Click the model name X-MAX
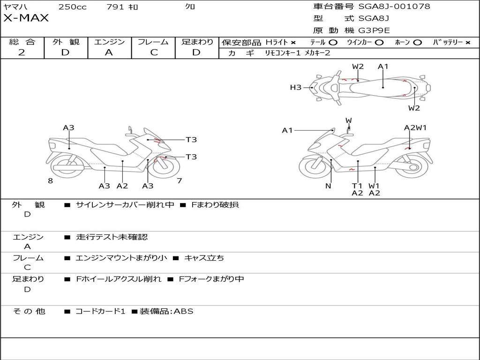click(26, 19)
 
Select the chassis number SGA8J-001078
click(394, 7)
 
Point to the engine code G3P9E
click(374, 31)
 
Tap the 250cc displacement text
click(72, 7)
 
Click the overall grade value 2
click(22, 52)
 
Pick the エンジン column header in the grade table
click(109, 42)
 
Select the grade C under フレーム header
click(154, 52)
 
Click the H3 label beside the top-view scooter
click(295, 87)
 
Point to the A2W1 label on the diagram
click(415, 127)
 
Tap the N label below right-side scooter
click(328, 186)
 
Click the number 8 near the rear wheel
click(50, 181)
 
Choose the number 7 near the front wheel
click(179, 181)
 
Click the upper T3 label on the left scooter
click(191, 140)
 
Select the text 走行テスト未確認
click(112, 237)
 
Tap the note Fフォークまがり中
click(211, 279)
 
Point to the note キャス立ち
click(204, 258)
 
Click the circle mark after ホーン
click(418, 43)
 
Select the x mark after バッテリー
click(467, 43)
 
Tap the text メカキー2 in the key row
click(317, 53)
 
